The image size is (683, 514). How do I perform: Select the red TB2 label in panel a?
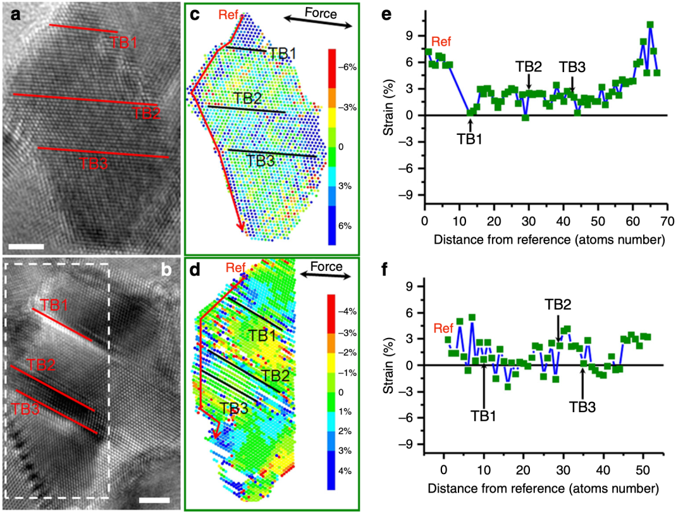pos(146,113)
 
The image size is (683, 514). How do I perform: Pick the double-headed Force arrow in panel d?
pos(326,276)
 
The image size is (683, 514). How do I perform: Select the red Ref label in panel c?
pos(227,13)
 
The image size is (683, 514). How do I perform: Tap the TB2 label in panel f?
pos(558,304)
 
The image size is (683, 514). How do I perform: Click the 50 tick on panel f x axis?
pos(642,472)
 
